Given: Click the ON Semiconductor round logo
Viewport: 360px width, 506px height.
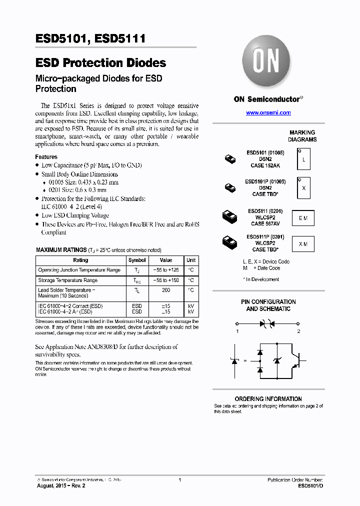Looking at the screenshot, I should point(267,63).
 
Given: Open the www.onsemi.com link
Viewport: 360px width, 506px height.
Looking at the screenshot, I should point(268,112).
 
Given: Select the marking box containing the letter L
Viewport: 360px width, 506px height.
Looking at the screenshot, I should point(303,159).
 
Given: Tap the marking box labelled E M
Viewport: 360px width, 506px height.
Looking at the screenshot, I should point(303,218).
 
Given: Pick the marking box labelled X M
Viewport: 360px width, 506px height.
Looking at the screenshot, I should point(303,243).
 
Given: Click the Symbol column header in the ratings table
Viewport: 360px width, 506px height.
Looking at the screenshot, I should point(137,260).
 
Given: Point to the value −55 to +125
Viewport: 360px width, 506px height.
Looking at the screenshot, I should point(166,270).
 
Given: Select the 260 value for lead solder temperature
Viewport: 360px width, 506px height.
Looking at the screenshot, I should point(166,290).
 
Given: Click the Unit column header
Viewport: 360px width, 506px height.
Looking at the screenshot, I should point(191,260).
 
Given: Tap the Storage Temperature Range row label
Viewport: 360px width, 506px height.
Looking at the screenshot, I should point(67,280).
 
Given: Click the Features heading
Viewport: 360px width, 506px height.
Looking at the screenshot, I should point(46,156).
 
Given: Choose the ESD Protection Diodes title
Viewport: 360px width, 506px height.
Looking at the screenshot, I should point(100,63).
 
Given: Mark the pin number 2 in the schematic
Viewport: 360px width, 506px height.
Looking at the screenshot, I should point(298,331).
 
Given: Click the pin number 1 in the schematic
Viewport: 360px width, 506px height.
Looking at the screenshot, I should point(237,331).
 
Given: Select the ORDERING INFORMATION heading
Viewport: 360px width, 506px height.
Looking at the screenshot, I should point(268,399).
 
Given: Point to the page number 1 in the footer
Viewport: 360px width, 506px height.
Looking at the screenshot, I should point(179,480).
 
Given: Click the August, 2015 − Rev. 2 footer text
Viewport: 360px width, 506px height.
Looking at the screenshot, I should point(61,485).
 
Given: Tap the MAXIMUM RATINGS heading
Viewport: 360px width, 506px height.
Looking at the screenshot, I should point(61,249).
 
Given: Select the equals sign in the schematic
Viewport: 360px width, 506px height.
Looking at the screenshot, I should point(245,360).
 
